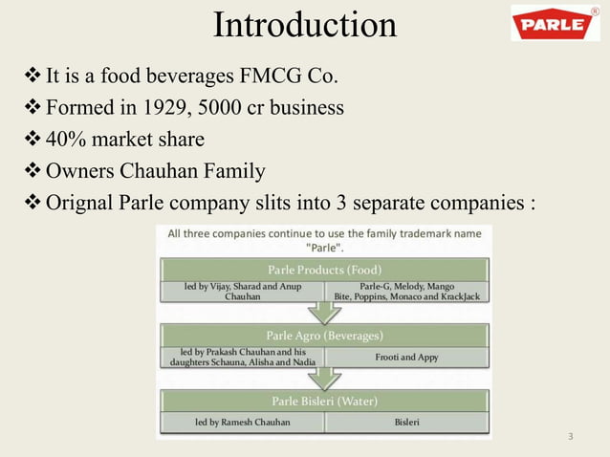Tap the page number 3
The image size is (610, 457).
(x=570, y=438)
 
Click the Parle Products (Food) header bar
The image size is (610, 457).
(x=325, y=269)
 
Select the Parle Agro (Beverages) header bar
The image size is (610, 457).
(x=325, y=336)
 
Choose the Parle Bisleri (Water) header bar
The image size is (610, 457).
(x=325, y=401)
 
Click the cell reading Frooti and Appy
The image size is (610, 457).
(x=407, y=357)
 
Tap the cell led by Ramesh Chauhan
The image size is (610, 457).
(x=242, y=422)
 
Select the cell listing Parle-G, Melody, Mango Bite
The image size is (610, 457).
(x=407, y=291)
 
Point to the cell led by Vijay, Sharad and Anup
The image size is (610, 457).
(x=242, y=291)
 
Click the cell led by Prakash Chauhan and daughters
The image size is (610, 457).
(x=242, y=357)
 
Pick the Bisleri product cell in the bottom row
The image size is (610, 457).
(x=407, y=422)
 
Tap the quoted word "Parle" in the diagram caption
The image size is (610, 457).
(x=325, y=247)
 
